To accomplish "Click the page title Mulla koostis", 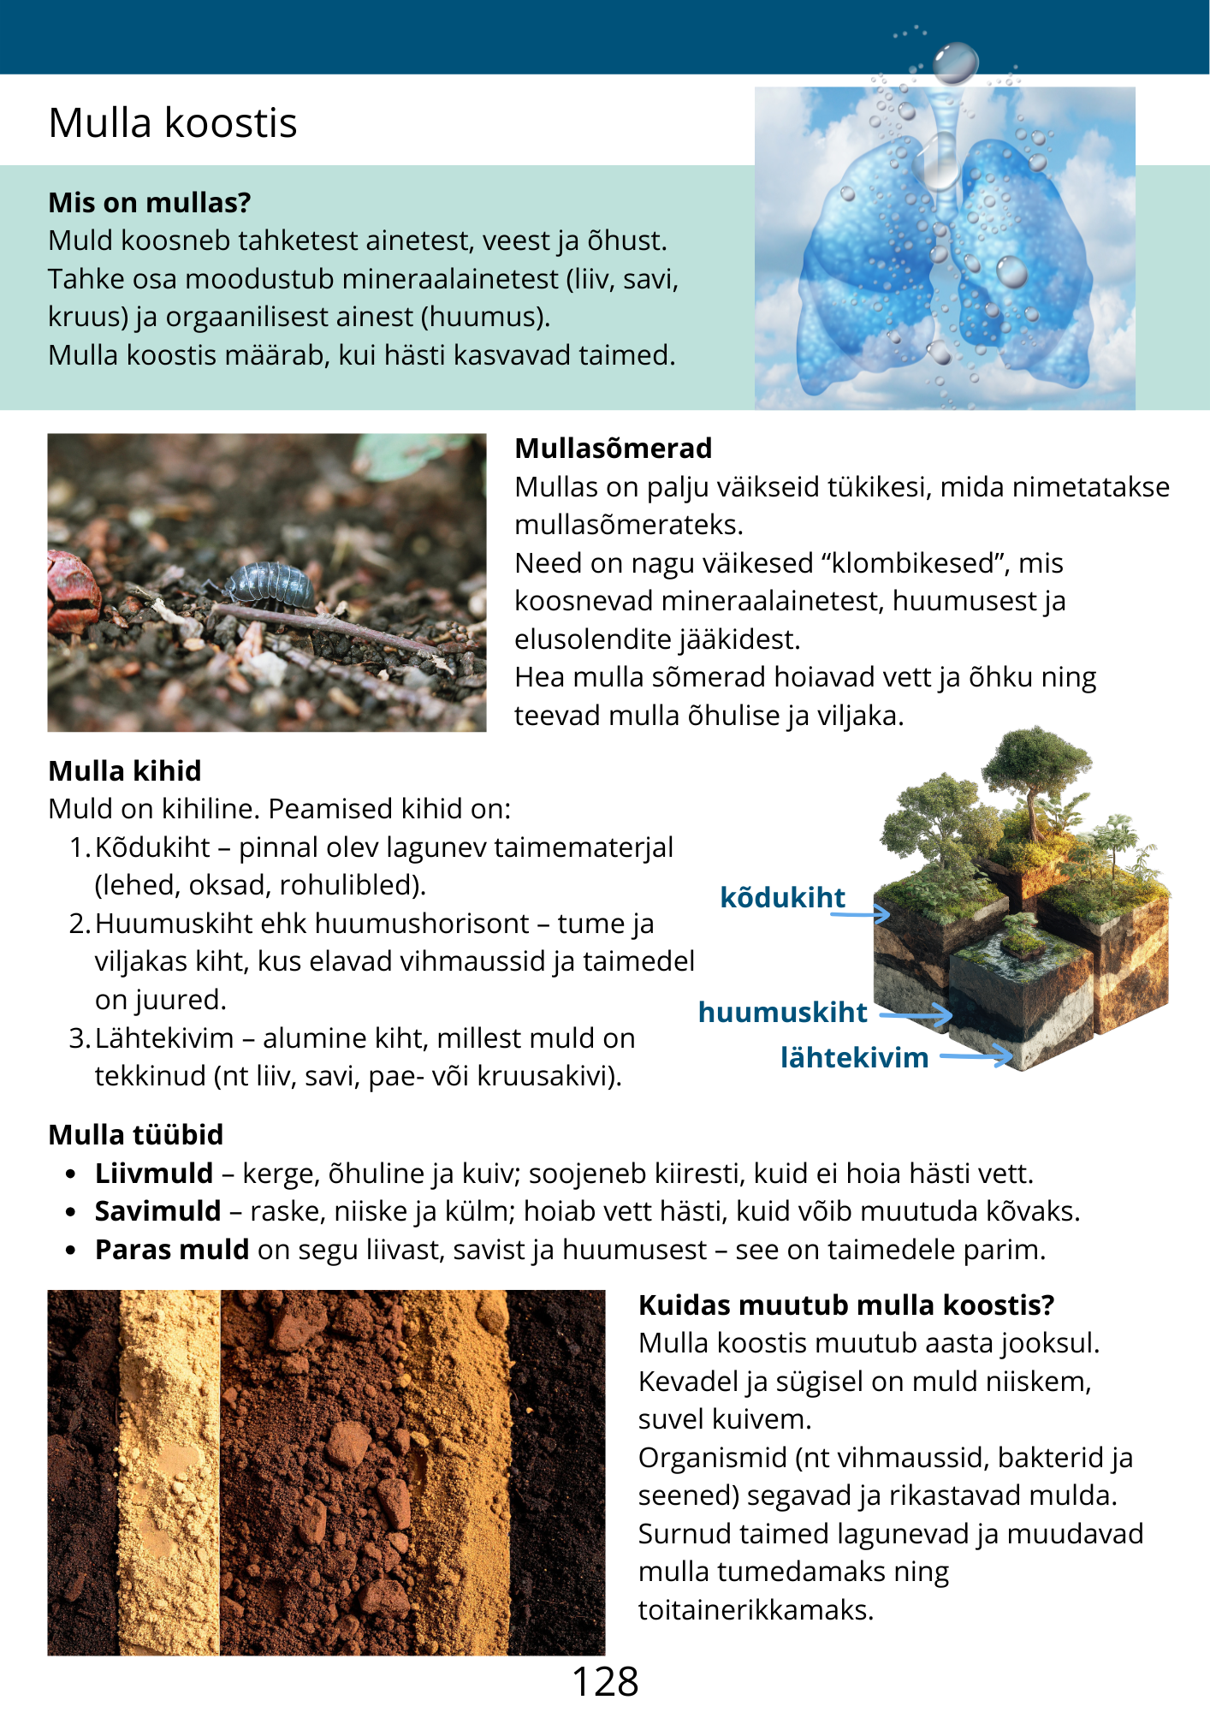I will click(x=173, y=122).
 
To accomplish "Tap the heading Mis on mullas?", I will click(x=150, y=203).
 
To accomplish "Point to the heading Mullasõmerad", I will click(x=613, y=449).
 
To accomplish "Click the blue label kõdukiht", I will click(x=782, y=897).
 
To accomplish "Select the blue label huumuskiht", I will click(x=782, y=1012).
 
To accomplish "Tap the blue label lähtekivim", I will click(x=854, y=1058).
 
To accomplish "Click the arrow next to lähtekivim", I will click(x=976, y=1058).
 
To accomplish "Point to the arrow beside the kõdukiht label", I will click(x=860, y=915).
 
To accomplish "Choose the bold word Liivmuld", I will click(x=154, y=1174).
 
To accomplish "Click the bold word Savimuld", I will click(x=158, y=1211).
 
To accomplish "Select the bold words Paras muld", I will click(x=172, y=1250).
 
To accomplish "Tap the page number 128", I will click(x=605, y=1682).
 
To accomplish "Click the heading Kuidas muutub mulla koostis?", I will click(x=845, y=1305).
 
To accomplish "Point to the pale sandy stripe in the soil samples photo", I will click(x=169, y=1472).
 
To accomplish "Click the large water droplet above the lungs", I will click(x=955, y=62).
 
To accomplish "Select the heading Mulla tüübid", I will click(x=136, y=1135).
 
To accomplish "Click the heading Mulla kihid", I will click(x=125, y=771).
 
